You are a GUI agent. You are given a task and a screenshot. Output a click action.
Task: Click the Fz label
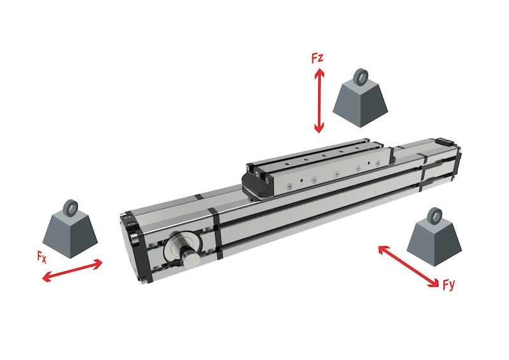tap(317, 58)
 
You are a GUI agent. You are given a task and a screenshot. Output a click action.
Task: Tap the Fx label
tap(41, 257)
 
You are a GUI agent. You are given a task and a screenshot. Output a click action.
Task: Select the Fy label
tap(449, 285)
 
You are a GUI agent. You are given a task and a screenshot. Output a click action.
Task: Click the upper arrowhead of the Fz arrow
tap(319, 73)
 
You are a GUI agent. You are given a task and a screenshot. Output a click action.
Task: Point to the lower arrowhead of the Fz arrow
tap(319, 128)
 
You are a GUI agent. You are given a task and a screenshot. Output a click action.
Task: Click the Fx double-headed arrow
tap(73, 270)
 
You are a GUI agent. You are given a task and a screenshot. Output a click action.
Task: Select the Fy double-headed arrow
tap(408, 267)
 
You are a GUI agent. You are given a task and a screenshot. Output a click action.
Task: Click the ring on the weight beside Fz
tap(360, 76)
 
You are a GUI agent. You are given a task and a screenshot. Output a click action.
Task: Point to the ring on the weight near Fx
tap(70, 208)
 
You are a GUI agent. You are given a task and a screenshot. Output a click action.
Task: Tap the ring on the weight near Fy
tap(434, 216)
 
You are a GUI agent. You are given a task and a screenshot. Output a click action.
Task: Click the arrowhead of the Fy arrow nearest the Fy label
tap(434, 283)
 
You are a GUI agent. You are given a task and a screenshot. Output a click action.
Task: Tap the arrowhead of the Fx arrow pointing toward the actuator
tap(97, 263)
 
